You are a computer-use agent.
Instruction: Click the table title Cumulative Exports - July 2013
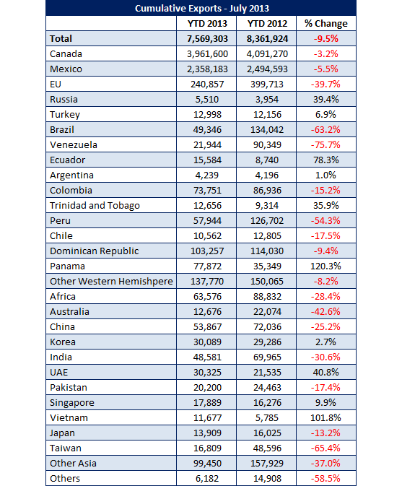[x=202, y=9]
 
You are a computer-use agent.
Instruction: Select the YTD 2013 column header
[x=207, y=24]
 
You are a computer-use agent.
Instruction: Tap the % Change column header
[x=325, y=24]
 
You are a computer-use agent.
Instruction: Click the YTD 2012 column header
[x=267, y=24]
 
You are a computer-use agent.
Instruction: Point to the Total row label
[x=61, y=39]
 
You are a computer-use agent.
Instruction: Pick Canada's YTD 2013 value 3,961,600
[x=207, y=54]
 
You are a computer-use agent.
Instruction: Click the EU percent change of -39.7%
[x=325, y=84]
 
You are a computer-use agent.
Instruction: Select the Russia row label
[x=64, y=100]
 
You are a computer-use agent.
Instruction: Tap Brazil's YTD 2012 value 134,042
[x=267, y=129]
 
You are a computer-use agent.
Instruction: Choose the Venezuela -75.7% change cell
[x=325, y=144]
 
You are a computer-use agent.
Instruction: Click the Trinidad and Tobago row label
[x=95, y=206]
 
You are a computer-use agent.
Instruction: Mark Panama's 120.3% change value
[x=325, y=266]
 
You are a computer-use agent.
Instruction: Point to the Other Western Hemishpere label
[x=111, y=282]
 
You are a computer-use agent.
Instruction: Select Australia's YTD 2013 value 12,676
[x=207, y=312]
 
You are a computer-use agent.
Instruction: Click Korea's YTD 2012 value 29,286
[x=267, y=342]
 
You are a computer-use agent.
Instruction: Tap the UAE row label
[x=58, y=372]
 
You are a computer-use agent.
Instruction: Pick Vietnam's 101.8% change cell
[x=325, y=418]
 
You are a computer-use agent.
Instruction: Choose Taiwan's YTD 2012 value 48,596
[x=267, y=448]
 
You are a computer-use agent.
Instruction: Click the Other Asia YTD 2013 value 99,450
[x=207, y=464]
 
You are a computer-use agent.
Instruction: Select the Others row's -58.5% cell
[x=325, y=479]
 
